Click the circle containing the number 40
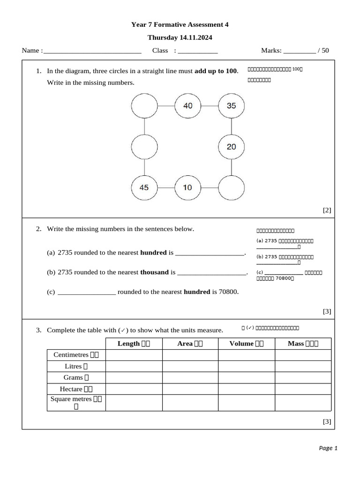point(187,106)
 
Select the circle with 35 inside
point(232,106)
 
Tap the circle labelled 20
point(232,147)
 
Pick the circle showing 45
point(144,187)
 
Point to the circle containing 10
point(187,187)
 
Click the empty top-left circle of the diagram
point(144,106)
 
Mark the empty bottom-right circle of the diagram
point(232,187)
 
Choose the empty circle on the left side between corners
point(144,147)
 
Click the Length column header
point(134,344)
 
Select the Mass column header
point(303,344)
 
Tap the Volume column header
point(246,344)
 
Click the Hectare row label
point(76,389)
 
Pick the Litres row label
point(76,366)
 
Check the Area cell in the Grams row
point(190,377)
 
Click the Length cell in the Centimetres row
point(134,355)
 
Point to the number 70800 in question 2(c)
point(228,292)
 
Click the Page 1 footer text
point(328,448)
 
